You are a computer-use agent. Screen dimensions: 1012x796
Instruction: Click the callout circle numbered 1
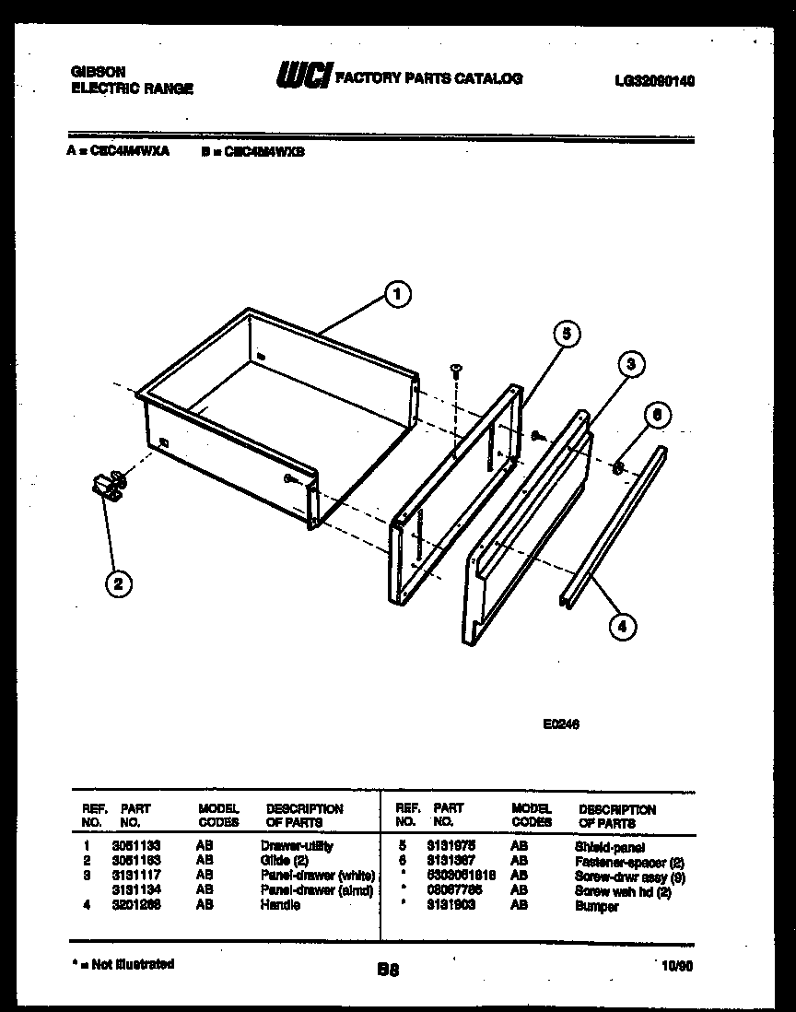click(397, 295)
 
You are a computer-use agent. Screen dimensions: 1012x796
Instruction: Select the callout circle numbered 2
click(118, 582)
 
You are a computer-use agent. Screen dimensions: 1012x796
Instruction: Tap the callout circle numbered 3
click(629, 364)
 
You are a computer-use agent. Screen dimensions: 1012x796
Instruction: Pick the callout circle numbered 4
click(622, 627)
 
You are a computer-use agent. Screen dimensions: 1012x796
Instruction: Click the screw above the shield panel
click(455, 371)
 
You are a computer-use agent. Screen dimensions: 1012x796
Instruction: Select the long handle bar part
click(613, 525)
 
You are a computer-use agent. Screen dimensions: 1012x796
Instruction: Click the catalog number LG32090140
click(654, 81)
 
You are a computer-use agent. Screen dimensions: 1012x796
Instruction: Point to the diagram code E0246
click(560, 724)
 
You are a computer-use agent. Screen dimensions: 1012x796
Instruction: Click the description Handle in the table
click(280, 906)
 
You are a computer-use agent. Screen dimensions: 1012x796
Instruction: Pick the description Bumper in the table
click(596, 907)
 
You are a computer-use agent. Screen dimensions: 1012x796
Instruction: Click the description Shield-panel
click(610, 846)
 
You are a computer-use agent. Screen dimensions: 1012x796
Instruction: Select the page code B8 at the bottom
click(388, 970)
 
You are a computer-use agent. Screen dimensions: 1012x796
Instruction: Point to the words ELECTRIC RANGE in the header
click(132, 88)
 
